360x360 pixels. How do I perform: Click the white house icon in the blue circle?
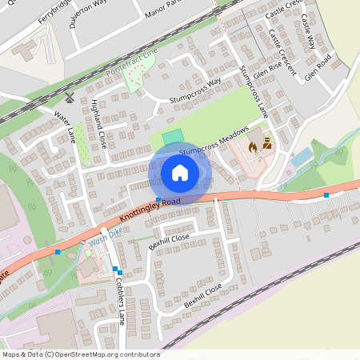tap(179, 172)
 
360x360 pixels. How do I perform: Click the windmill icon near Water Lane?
tap(70, 98)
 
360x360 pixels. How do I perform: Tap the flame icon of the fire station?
tap(254, 147)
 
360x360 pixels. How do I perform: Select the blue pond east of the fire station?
tap(302, 158)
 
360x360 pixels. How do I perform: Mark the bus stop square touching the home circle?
tap(158, 199)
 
